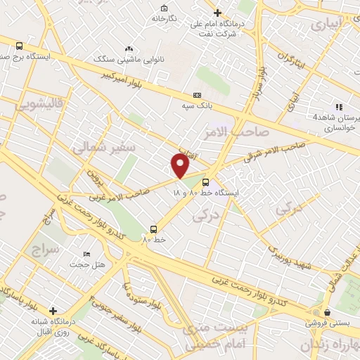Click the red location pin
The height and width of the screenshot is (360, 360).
pos(180,165)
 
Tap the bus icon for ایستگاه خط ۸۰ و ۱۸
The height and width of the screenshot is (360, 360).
pos(205,179)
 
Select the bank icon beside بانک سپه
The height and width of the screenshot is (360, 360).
pos(196,95)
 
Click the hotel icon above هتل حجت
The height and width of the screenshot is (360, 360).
pos(86,254)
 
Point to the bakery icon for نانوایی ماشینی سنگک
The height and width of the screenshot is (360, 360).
pos(128,49)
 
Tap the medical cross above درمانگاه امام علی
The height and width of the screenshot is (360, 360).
pos(217,13)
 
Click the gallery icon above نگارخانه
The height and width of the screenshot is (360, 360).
pos(163,8)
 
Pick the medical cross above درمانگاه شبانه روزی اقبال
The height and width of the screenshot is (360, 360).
pos(53,310)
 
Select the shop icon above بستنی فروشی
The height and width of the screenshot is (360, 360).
pos(326,313)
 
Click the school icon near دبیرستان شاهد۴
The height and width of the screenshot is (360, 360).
pos(340,107)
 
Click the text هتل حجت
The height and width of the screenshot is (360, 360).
pos(86,264)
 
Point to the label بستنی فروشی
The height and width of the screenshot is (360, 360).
pos(326,324)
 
